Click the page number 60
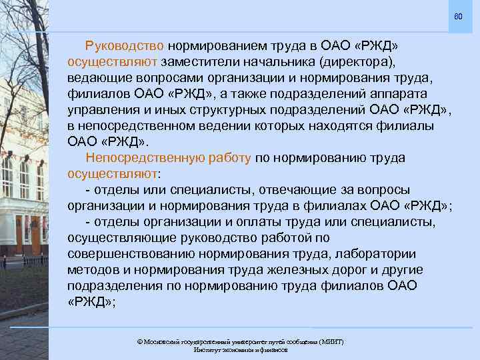pos(458,15)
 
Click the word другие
pos(403,269)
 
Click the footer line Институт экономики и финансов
pos(240,350)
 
